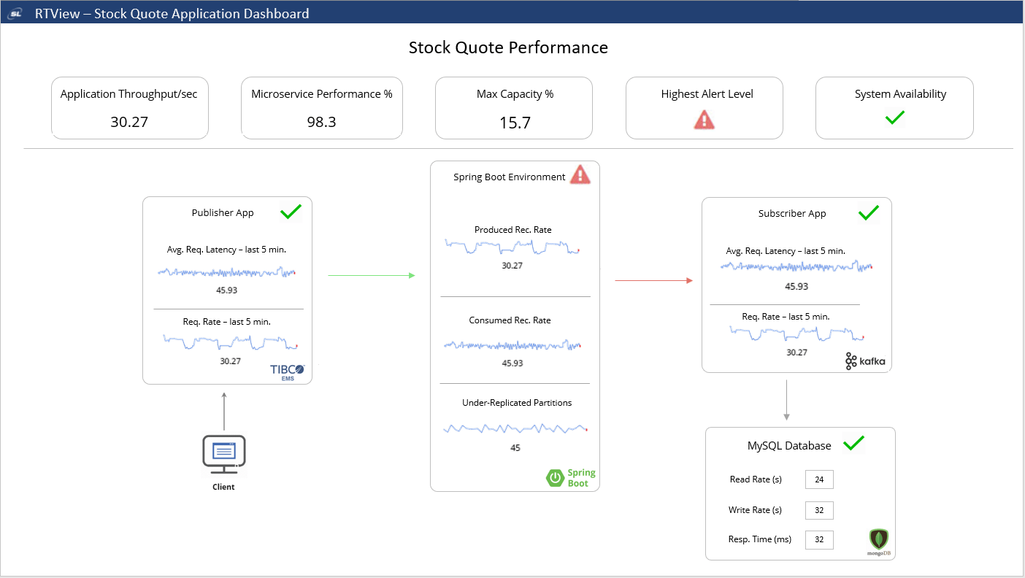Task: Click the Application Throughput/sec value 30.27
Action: click(x=129, y=122)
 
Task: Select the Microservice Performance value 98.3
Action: click(x=321, y=122)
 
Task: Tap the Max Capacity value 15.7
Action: click(x=515, y=122)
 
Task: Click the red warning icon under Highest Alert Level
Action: click(x=704, y=120)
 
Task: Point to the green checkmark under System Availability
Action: click(x=894, y=117)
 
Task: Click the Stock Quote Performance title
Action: click(x=508, y=48)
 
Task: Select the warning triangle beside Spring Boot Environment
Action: click(x=580, y=174)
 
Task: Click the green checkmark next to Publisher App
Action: click(x=291, y=212)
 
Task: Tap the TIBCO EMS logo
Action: click(x=288, y=372)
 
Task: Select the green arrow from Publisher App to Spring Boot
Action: click(x=372, y=276)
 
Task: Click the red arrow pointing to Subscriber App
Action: click(x=653, y=280)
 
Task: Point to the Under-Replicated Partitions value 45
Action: click(x=515, y=448)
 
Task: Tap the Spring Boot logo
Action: click(x=571, y=478)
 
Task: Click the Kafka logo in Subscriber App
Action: click(x=864, y=361)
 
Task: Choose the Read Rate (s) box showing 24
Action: click(x=819, y=479)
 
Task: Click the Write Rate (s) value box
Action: click(x=819, y=510)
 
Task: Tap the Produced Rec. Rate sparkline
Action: click(x=512, y=247)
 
